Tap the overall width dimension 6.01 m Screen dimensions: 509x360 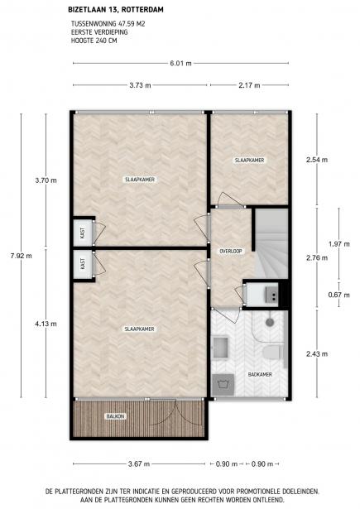pyautogui.click(x=180, y=62)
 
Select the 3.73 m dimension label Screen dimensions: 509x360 pyautogui.click(x=139, y=84)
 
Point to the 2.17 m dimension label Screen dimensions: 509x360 pyautogui.click(x=248, y=84)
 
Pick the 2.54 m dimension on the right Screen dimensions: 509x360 pyautogui.click(x=317, y=160)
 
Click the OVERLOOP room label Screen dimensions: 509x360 pyautogui.click(x=230, y=251)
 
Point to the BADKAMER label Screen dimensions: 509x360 pyautogui.click(x=260, y=375)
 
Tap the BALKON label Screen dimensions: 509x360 pyautogui.click(x=115, y=415)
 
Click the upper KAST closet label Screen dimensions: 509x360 pyautogui.click(x=83, y=233)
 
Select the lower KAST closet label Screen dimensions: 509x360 pyautogui.click(x=83, y=264)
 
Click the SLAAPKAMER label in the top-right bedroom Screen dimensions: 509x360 pyautogui.click(x=248, y=160)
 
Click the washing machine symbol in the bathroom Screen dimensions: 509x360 pyautogui.click(x=222, y=382)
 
